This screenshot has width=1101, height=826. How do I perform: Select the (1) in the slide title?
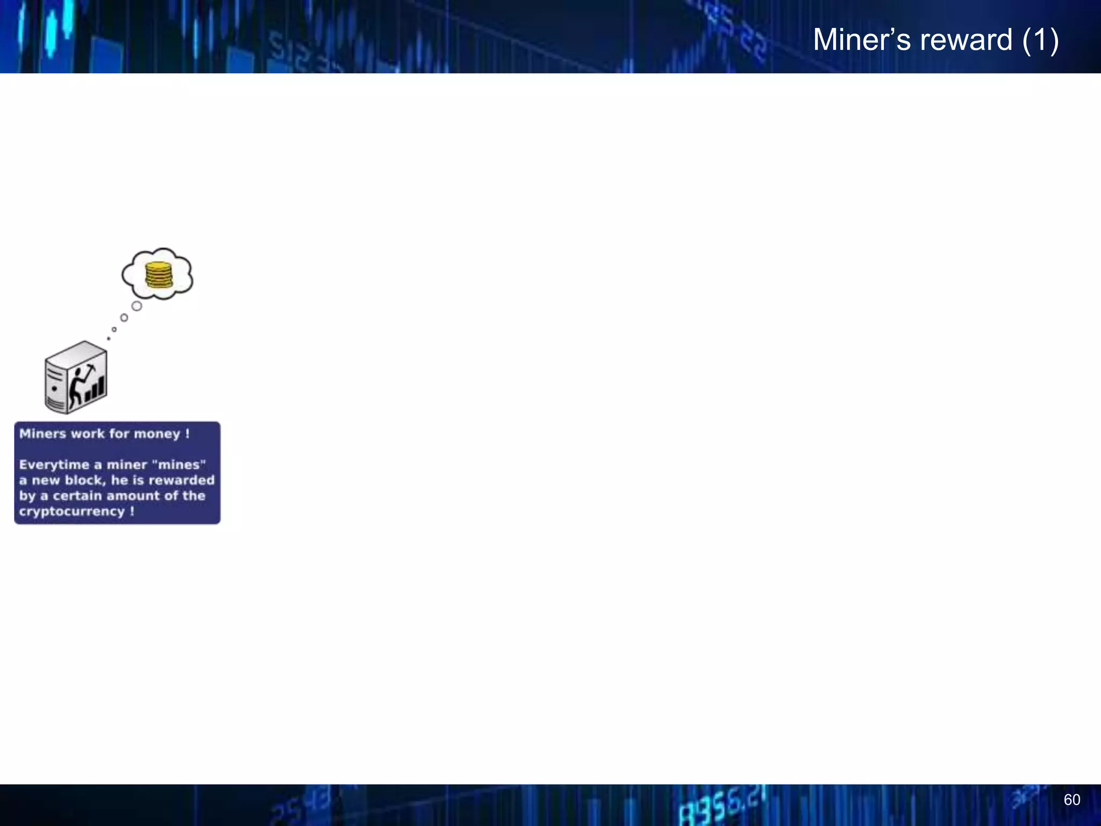click(x=1041, y=40)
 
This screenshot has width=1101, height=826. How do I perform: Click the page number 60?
click(x=1071, y=800)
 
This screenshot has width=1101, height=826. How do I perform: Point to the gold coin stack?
click(x=159, y=275)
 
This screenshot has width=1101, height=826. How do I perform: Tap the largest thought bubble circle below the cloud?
click(x=137, y=306)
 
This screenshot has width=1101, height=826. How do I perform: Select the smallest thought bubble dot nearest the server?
click(x=109, y=338)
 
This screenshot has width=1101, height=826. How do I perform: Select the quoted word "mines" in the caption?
click(x=179, y=465)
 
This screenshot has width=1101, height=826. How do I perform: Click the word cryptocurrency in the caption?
click(x=72, y=511)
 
